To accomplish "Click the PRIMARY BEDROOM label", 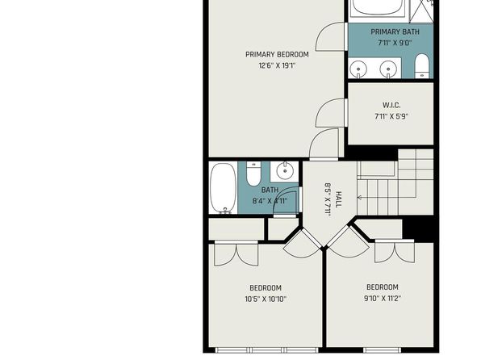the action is [277, 54].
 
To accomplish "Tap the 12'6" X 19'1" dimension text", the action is [277, 65].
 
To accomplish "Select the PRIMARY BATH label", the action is [395, 31].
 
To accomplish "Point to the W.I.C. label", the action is [391, 105].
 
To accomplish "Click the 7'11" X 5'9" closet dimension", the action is [391, 116].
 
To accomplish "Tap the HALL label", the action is [339, 199].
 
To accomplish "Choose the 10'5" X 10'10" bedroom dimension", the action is [266, 299].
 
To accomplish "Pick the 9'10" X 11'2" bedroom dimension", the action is [383, 298].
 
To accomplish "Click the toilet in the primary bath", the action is [422, 66].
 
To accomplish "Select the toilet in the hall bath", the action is [253, 174].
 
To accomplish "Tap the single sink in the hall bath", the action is [285, 172].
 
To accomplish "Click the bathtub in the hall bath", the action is [224, 188].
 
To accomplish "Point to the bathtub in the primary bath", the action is [379, 7].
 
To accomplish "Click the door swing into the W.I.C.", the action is [330, 112].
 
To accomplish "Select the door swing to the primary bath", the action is [330, 36].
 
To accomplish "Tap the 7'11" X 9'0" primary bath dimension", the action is [395, 43].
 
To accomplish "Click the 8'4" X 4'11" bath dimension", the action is [270, 201].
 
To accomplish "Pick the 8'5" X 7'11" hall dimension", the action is [328, 200].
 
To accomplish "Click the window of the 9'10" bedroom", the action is [383, 350].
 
